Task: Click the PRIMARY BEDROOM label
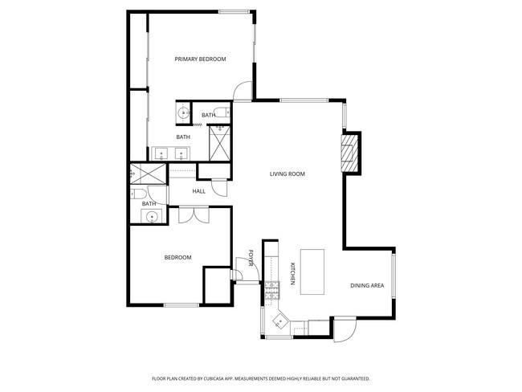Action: pyautogui.click(x=200, y=59)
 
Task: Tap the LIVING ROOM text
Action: pyautogui.click(x=287, y=174)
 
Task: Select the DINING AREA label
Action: pyautogui.click(x=367, y=286)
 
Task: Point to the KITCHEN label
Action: pyautogui.click(x=292, y=274)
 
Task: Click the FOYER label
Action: pyautogui.click(x=251, y=258)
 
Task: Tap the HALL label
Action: pyautogui.click(x=199, y=191)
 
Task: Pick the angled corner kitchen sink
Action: pyautogui.click(x=279, y=321)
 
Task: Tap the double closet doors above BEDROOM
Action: pyautogui.click(x=193, y=214)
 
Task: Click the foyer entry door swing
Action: pyautogui.click(x=243, y=268)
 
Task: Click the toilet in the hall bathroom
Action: pyautogui.click(x=137, y=194)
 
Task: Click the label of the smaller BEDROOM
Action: pyautogui.click(x=177, y=257)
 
